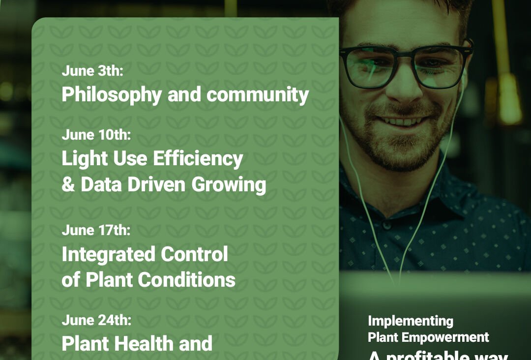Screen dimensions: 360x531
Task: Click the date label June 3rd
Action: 92,71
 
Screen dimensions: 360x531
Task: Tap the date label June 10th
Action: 96,135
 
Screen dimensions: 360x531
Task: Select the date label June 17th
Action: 96,230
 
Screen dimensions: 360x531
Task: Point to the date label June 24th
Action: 96,321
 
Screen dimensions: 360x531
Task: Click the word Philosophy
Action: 111,95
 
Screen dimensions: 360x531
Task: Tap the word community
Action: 258,95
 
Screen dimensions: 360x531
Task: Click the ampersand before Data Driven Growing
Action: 68,185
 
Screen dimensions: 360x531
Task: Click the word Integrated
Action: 102,254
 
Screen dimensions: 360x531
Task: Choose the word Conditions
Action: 186,280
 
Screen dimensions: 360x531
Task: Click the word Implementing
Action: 411,321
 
